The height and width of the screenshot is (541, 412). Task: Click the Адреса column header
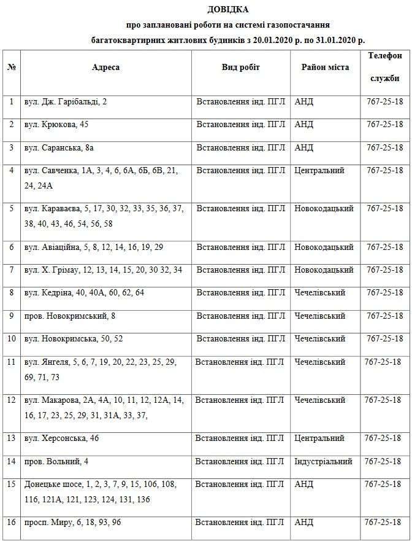coord(105,67)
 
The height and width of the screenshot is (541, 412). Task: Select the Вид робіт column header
coord(240,67)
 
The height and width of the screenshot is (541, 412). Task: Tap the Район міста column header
coord(325,67)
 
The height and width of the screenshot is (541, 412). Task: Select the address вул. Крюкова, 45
coord(56,124)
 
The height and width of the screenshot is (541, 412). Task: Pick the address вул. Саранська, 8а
coord(59,147)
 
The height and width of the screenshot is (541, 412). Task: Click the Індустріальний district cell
coord(323,461)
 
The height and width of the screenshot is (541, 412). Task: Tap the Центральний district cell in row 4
coord(319,170)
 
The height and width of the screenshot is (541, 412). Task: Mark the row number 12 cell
coord(11,400)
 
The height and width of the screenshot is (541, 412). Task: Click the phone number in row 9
coord(384,316)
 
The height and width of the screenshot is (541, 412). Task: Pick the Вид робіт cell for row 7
coord(240,270)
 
